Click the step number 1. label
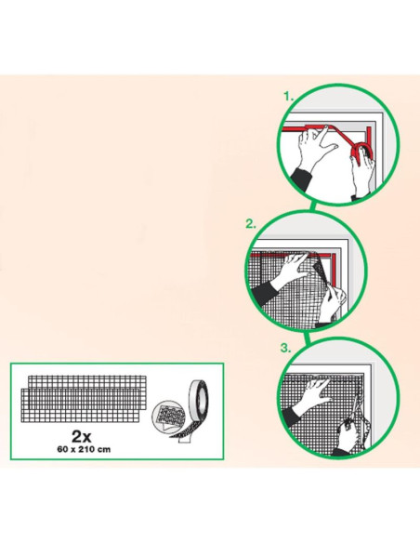(x=289, y=97)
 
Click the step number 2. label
(x=251, y=224)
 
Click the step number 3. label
(x=285, y=348)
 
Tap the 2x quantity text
(x=81, y=437)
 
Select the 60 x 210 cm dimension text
(x=84, y=449)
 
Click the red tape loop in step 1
(x=362, y=152)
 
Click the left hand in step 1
(x=316, y=148)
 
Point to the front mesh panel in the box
(x=80, y=405)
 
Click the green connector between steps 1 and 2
(x=312, y=206)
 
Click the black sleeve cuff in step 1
(x=301, y=179)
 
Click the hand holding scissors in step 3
(x=348, y=434)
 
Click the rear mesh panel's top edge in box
(x=87, y=376)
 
